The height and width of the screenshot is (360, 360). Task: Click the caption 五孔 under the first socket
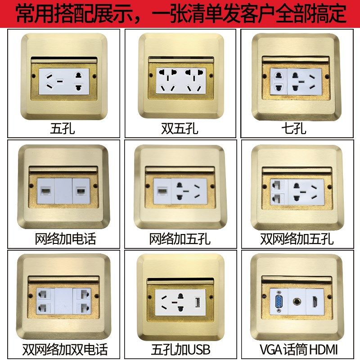[63, 130]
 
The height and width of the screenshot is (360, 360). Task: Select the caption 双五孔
[180, 130]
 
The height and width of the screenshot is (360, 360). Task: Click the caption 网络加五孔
[180, 238]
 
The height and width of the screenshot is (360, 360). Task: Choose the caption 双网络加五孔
[297, 238]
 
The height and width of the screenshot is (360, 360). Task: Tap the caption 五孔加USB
[180, 349]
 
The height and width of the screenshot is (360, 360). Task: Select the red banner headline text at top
[180, 13]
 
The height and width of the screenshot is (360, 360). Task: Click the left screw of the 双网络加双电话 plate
[31, 295]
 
